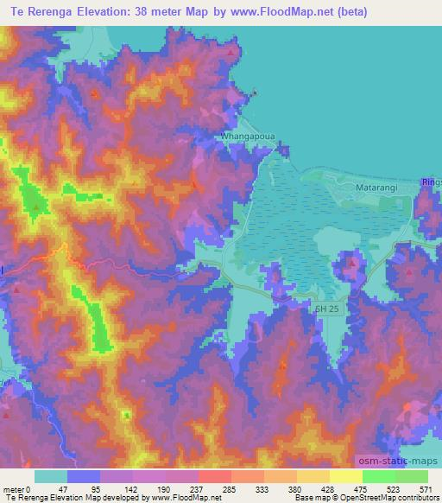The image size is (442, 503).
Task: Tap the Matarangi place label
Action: (x=375, y=186)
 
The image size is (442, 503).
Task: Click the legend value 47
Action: (x=62, y=488)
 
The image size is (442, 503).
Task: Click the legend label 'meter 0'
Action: (x=17, y=488)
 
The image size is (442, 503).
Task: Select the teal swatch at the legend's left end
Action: (x=50, y=476)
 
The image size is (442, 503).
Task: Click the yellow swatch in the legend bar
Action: (x=345, y=476)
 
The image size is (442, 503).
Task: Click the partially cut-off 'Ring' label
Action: (x=432, y=182)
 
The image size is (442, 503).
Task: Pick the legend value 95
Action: (x=95, y=488)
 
